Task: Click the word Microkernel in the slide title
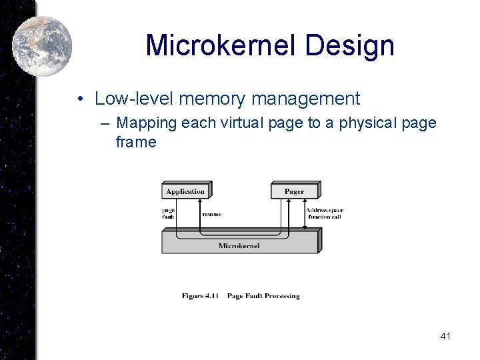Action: pos(221,45)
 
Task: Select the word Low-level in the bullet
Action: pos(124,99)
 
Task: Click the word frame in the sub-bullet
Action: pos(136,142)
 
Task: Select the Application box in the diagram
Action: pos(185,191)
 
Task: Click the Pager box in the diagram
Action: pos(294,191)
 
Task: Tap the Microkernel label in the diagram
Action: pos(239,245)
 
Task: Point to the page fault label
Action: pos(168,214)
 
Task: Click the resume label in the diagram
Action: pos(211,214)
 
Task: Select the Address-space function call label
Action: pos(325,214)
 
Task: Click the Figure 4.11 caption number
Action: pos(201,296)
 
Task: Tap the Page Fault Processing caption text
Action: pos(263,296)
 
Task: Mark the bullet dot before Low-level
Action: pos(79,99)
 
